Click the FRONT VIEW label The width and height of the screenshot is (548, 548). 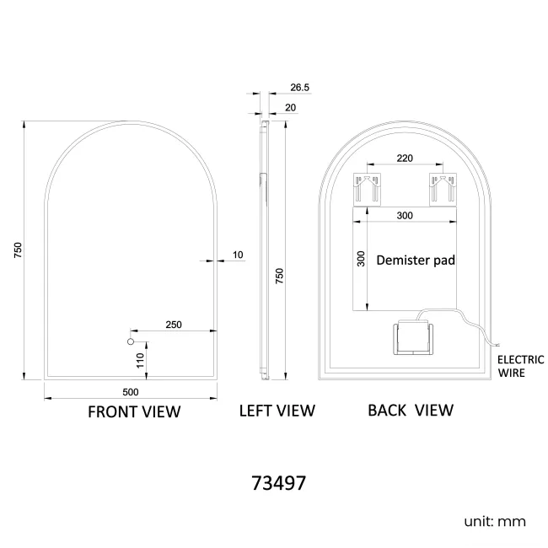tap(134, 411)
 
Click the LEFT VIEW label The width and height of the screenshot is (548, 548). tap(277, 411)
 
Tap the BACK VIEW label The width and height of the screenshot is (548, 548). tap(410, 411)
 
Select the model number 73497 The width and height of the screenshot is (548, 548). tap(278, 484)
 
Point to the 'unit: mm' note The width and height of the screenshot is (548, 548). tap(495, 521)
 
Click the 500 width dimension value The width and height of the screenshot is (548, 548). tap(130, 392)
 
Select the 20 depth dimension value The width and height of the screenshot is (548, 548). tap(291, 107)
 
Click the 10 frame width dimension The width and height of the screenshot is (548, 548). tap(238, 254)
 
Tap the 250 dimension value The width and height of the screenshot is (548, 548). tap(174, 325)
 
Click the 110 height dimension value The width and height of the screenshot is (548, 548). tap(141, 360)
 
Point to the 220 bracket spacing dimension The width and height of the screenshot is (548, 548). tap(404, 158)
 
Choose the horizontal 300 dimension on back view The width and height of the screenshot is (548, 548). tap(404, 216)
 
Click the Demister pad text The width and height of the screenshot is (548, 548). tap(416, 261)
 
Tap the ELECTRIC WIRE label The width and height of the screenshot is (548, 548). tap(520, 365)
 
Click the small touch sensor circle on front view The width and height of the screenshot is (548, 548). tap(131, 341)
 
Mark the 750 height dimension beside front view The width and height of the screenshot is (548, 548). tap(16, 250)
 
